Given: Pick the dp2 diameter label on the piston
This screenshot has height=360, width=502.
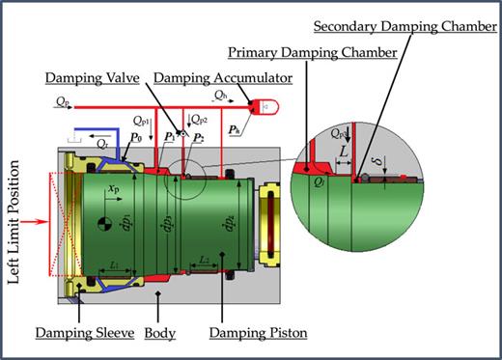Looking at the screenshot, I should (x=174, y=226).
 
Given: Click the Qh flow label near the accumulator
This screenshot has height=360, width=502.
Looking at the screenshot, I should (x=220, y=95).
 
